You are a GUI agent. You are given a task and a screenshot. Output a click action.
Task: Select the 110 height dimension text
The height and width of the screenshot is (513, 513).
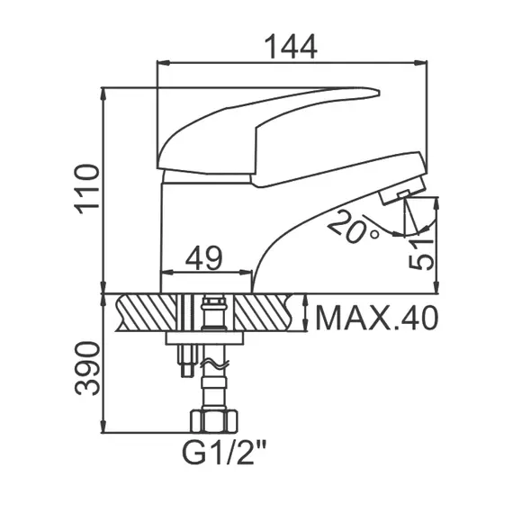[86, 188]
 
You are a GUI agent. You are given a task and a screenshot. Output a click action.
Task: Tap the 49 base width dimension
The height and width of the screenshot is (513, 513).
[204, 259]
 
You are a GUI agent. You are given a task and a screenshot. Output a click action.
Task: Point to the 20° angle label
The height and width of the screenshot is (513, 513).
[352, 224]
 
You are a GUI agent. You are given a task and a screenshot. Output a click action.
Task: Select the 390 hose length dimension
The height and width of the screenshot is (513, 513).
[86, 368]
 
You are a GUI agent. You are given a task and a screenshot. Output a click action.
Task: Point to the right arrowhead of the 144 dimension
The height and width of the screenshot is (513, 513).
[422, 63]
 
